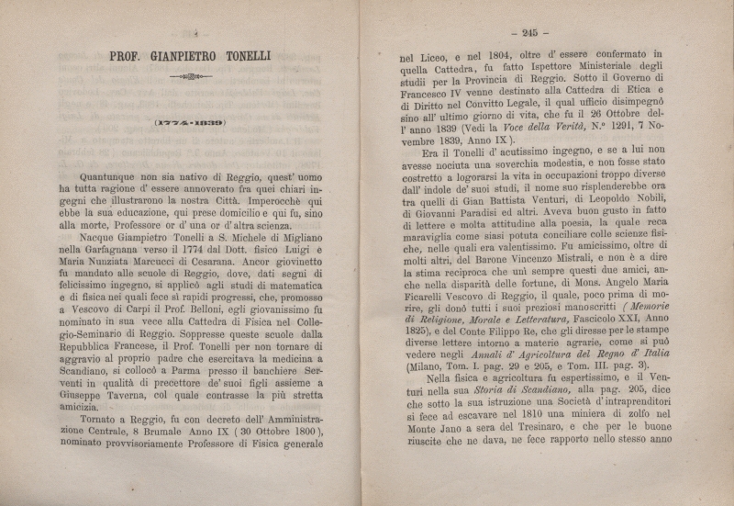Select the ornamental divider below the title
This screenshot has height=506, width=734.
(x=189, y=78)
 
